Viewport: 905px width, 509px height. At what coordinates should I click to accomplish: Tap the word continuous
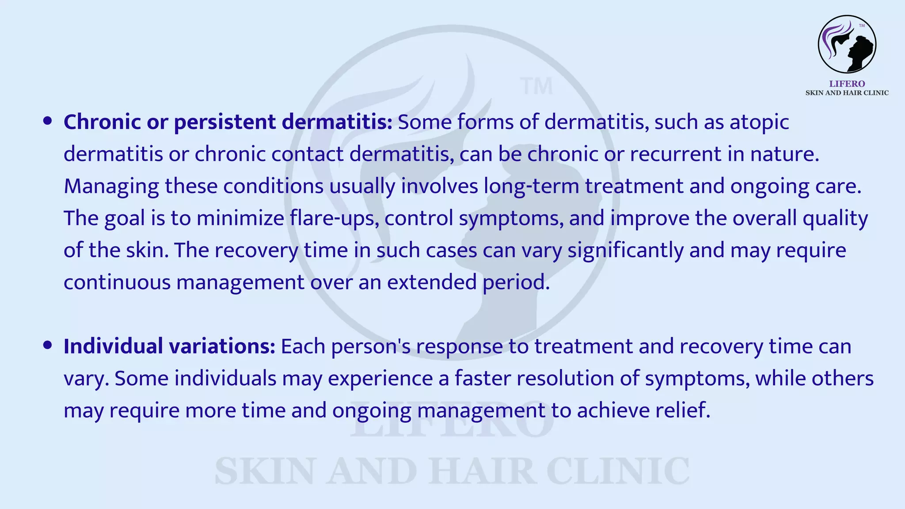(117, 282)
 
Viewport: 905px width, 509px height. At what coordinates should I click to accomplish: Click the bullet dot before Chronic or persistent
(48, 121)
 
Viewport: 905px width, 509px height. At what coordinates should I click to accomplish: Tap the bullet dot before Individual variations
(48, 346)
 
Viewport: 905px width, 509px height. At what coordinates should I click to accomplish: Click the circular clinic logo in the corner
(847, 44)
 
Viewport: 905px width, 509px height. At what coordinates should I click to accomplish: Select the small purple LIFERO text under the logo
(847, 84)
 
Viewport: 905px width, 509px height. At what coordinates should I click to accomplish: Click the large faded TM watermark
(536, 87)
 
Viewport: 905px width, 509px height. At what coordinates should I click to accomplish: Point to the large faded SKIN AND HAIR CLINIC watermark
(452, 471)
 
